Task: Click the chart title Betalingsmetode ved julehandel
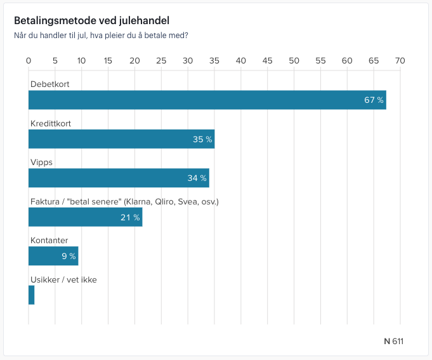pos(91,21)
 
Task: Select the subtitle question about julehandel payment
pos(101,36)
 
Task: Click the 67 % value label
pos(374,100)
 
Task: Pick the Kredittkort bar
pos(121,139)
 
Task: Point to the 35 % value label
pos(202,139)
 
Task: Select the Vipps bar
pos(119,178)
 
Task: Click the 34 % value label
pos(197,178)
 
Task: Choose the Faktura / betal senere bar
pos(85,217)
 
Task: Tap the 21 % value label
pos(130,217)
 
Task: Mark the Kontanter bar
pos(53,256)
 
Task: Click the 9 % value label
pos(69,256)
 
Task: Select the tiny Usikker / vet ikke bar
pos(32,295)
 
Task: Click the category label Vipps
pos(42,162)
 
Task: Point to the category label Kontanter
pos(49,240)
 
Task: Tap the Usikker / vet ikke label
pos(63,279)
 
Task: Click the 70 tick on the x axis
pos(400,61)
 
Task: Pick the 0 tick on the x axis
pos(29,61)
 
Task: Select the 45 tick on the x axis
pos(267,61)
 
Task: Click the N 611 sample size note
pos(393,341)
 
